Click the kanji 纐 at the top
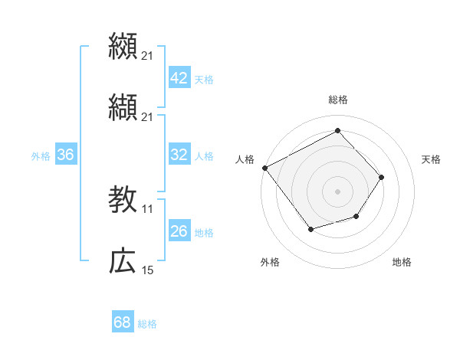click(x=123, y=46)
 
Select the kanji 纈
click(x=123, y=107)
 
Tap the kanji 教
click(x=123, y=200)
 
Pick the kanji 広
click(x=123, y=262)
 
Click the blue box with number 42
click(x=179, y=78)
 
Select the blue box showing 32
click(x=179, y=155)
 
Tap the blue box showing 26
click(x=179, y=231)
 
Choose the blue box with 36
click(x=65, y=155)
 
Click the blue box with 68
click(x=122, y=322)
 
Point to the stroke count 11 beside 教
click(x=148, y=208)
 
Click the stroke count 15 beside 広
click(x=148, y=270)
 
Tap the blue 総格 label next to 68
click(x=147, y=324)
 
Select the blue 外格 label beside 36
click(x=41, y=155)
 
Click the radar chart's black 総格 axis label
click(x=337, y=100)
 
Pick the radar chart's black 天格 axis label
click(x=431, y=159)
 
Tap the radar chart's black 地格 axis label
click(x=402, y=263)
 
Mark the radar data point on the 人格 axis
click(x=264, y=168)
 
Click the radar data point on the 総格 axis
click(x=337, y=130)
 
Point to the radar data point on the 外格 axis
click(x=310, y=229)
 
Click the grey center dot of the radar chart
click(x=337, y=191)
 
